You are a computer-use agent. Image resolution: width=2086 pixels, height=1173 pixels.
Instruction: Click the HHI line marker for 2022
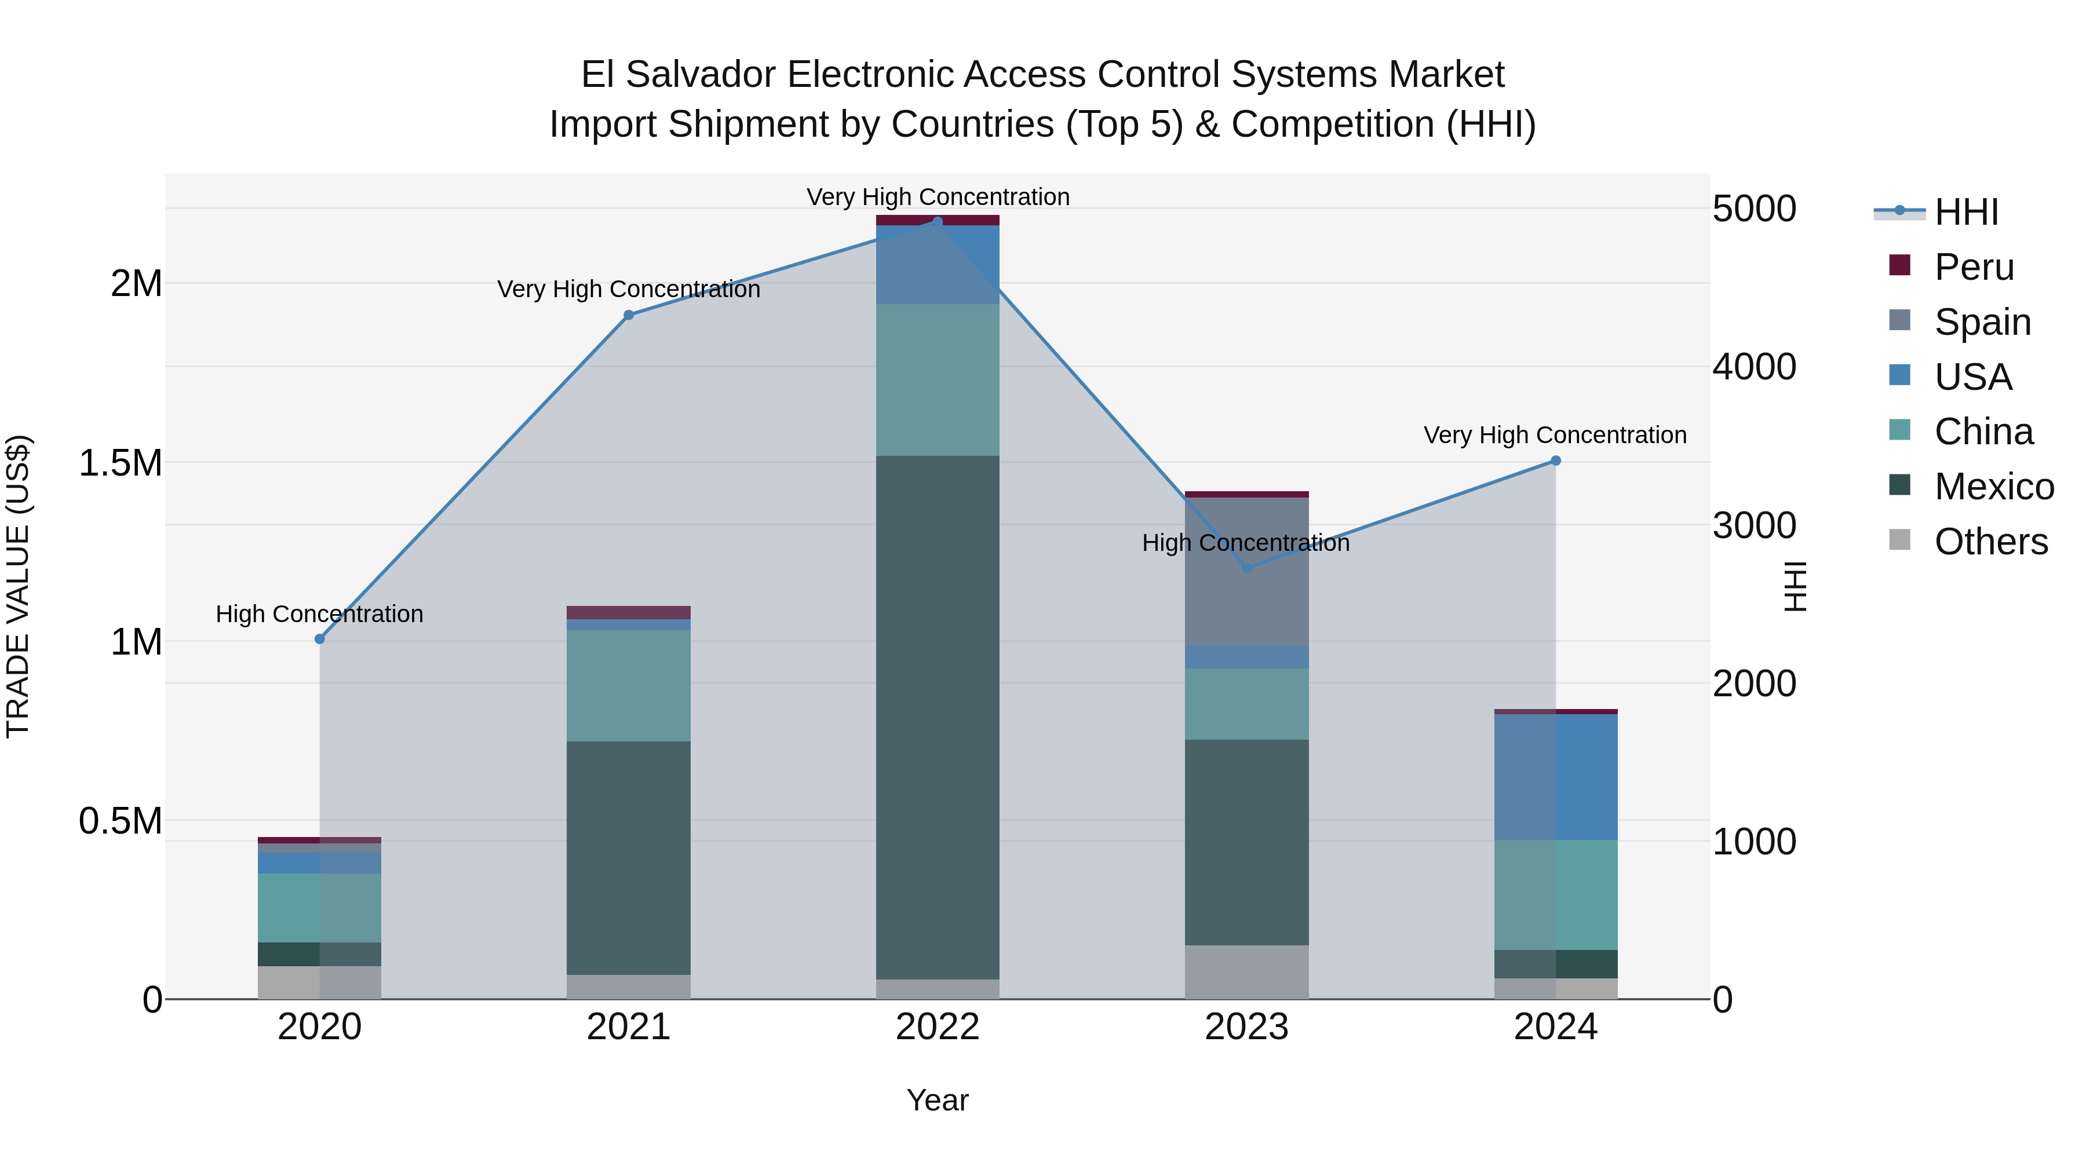[938, 222]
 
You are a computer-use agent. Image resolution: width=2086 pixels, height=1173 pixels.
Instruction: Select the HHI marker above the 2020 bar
[319, 639]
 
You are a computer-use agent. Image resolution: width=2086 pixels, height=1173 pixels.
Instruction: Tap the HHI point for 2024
[1556, 461]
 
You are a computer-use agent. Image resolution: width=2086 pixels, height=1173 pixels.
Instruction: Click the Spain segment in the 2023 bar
[1246, 572]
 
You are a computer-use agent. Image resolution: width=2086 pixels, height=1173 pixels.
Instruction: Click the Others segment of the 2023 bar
[1246, 971]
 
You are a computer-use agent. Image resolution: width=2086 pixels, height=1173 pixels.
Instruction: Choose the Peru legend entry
[1974, 267]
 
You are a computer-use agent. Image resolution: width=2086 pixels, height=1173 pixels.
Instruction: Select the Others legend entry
[1990, 542]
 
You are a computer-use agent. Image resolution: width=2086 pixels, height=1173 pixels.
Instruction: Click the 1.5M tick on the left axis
[121, 463]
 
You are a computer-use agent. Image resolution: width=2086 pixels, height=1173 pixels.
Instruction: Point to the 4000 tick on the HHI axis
[1754, 367]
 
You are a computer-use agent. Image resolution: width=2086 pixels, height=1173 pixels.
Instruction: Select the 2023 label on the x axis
[1246, 1027]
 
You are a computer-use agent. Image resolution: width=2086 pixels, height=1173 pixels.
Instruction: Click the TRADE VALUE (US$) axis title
[19, 586]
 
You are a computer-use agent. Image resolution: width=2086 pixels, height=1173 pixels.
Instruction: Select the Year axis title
[937, 1100]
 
